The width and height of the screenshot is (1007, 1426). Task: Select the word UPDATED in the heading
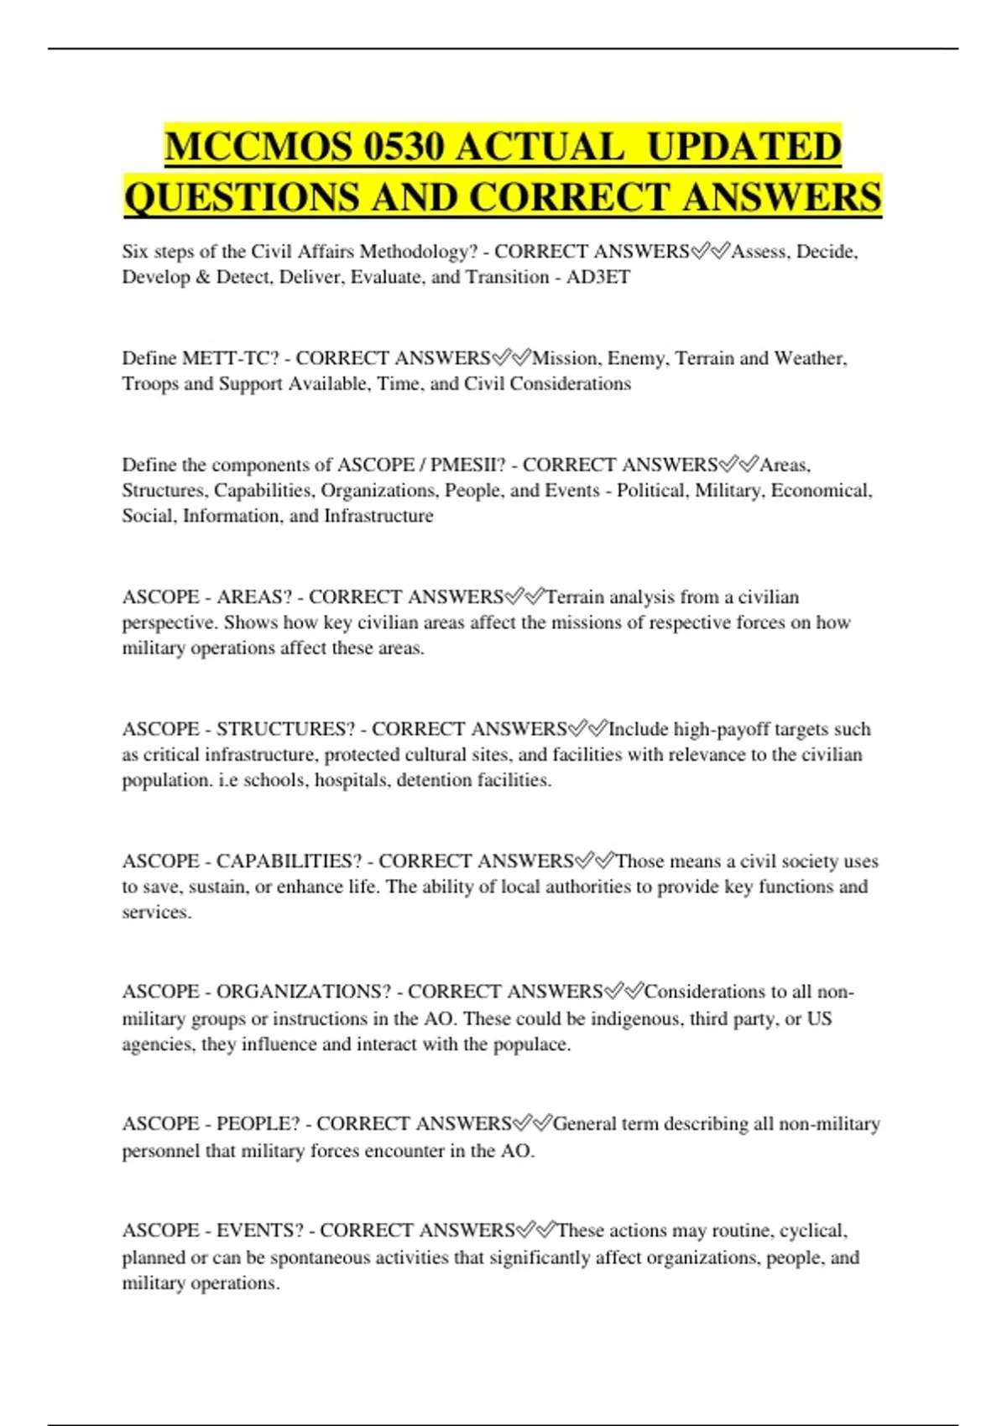[x=744, y=147]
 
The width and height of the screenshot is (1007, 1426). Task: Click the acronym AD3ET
[x=598, y=278]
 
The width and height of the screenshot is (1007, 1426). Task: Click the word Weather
[x=810, y=358]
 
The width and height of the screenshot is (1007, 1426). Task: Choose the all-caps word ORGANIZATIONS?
[x=304, y=991]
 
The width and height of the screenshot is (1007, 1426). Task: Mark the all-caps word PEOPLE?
[x=258, y=1124]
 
